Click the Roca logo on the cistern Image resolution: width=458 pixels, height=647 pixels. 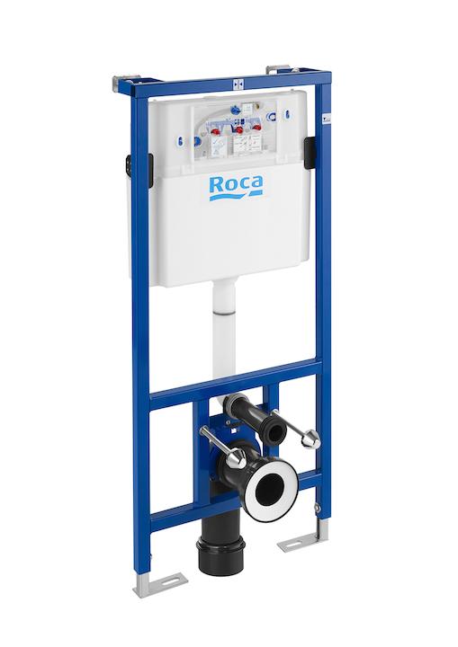pyautogui.click(x=236, y=186)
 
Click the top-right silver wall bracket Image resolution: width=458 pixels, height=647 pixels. pyautogui.click(x=278, y=69)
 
